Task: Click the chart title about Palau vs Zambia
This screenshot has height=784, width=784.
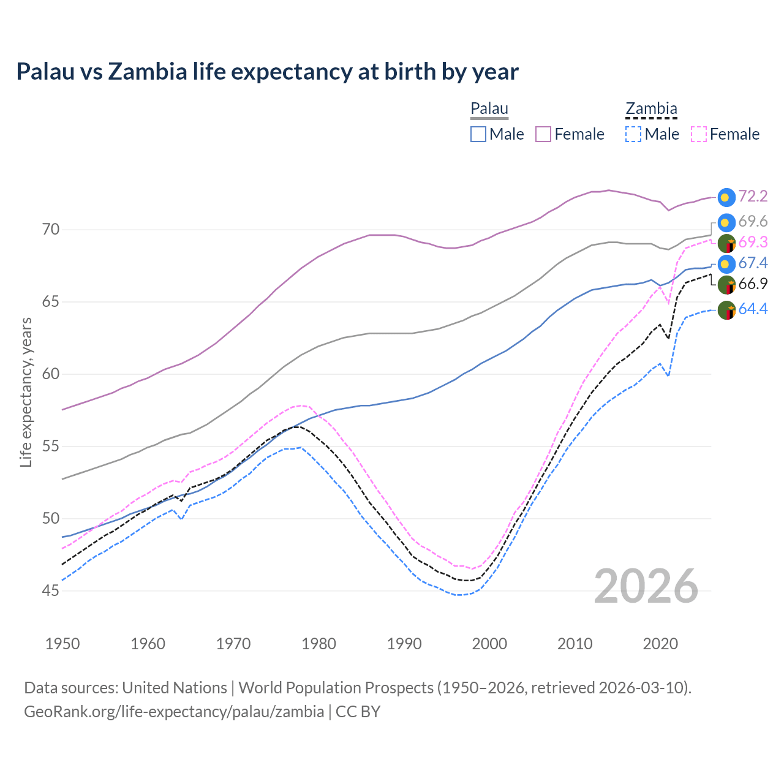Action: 267,72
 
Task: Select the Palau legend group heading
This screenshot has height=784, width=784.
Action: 489,108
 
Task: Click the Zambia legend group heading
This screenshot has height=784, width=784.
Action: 650,108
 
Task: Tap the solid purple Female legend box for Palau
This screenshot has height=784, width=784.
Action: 543,134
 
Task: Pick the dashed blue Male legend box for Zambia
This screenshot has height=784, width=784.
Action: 633,134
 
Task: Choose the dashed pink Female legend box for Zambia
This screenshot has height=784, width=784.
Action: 698,134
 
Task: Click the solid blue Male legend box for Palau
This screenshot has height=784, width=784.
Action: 478,134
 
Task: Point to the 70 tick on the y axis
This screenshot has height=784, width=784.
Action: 51,230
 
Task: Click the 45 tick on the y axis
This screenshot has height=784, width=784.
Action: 51,590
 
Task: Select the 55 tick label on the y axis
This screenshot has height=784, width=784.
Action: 51,447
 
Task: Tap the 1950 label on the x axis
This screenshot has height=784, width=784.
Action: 62,644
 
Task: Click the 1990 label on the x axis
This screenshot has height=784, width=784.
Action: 404,644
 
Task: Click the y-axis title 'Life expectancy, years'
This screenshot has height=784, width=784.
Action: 26,392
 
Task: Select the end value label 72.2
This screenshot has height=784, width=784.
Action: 753,196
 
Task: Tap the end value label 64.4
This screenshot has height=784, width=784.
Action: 753,309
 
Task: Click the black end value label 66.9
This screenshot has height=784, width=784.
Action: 753,284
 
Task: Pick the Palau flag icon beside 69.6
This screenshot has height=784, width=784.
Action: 726,222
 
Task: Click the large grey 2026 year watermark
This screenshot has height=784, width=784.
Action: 646,586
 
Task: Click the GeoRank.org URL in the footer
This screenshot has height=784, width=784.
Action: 174,712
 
